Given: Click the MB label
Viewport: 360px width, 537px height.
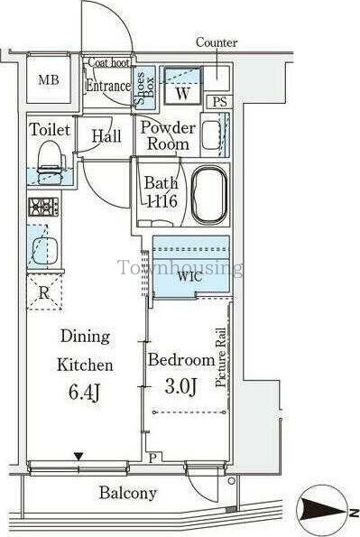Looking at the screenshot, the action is (49, 80).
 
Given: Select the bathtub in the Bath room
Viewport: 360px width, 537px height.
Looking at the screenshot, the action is (209, 196).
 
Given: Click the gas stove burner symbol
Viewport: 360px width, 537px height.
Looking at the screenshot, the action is (43, 207).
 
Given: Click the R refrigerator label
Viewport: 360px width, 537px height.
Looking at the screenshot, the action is (43, 292).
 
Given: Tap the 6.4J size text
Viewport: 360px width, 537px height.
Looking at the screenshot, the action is (84, 392).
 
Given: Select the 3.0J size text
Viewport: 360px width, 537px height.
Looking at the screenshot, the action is (180, 387).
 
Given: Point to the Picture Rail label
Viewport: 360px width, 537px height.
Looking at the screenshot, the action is (221, 357).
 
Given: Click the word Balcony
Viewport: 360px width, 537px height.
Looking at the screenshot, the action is (128, 493).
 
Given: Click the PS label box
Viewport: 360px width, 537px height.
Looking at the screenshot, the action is (219, 102).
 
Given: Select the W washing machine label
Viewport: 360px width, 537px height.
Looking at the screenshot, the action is (182, 93).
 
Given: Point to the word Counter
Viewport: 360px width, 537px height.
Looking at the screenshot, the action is (217, 42).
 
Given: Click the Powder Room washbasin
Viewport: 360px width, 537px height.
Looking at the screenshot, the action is (211, 134).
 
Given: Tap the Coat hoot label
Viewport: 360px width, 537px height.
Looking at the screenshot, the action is (109, 62).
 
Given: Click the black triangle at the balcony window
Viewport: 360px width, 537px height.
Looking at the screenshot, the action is (79, 457).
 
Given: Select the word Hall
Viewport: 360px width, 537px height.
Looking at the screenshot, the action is (106, 136).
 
